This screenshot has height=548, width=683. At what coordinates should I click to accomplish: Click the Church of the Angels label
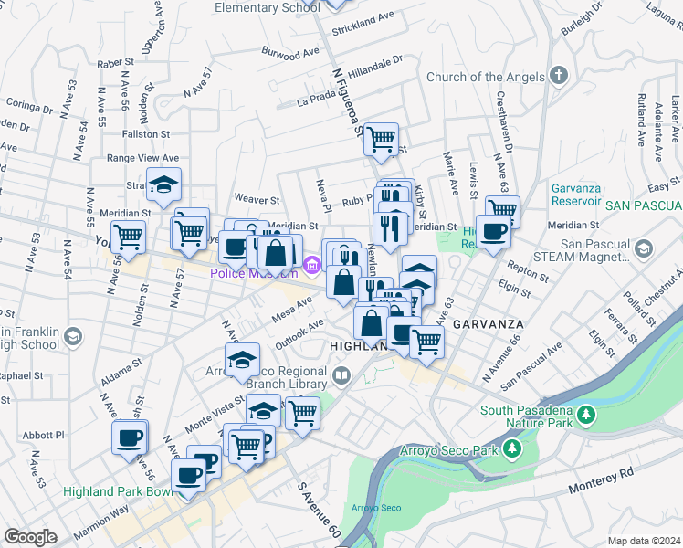(x=486, y=78)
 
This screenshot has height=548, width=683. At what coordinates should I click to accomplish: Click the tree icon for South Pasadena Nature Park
(x=584, y=416)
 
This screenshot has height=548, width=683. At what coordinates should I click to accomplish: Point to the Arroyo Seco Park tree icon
(x=513, y=449)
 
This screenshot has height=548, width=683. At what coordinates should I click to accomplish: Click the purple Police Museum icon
(x=311, y=266)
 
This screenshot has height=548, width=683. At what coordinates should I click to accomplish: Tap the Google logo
(x=30, y=537)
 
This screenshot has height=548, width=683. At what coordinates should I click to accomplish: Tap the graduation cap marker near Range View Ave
(x=163, y=185)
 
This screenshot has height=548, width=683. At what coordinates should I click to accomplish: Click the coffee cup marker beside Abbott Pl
(x=130, y=436)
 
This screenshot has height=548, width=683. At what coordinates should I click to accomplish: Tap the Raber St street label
(x=115, y=63)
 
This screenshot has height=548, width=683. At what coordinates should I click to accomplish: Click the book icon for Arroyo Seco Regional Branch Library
(x=341, y=374)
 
